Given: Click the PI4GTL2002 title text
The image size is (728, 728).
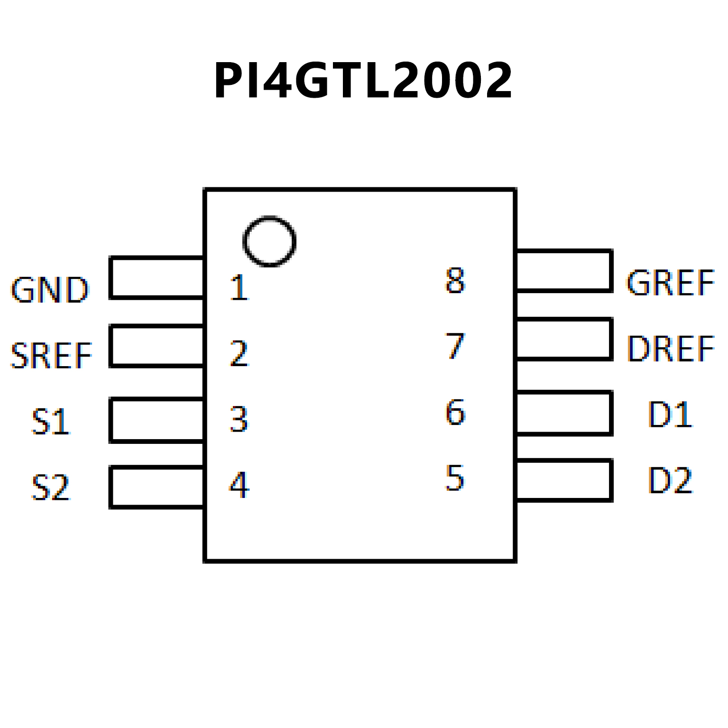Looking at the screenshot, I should coord(363,81).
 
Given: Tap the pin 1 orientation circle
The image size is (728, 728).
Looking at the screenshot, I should coord(269,241).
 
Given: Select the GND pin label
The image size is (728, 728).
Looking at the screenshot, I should coord(50,289).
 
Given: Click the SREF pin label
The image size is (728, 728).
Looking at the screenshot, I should coord(51,355).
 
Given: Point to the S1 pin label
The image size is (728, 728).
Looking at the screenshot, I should coord(51,421).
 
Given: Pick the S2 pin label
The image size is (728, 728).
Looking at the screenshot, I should coord(51,487).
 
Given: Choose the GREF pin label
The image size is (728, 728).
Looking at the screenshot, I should coord(670,283).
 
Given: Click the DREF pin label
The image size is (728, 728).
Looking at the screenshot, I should coord(670,349).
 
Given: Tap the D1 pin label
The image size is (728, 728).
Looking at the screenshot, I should coord(670,415).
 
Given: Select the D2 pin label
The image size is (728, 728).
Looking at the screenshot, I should coord(670,480).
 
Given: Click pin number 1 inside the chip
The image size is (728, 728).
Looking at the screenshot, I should coord(239,287).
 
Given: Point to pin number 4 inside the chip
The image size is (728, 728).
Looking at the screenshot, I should coord(239,485).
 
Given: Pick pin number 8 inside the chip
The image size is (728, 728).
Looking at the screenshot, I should coord(455,280).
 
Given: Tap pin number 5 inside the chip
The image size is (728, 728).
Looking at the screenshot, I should coord(454,478).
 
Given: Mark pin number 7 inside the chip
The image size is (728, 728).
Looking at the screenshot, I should coord(455,346).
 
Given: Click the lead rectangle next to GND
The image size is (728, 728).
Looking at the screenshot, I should coord(157,278).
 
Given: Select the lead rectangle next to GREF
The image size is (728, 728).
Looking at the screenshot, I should coord(564,270).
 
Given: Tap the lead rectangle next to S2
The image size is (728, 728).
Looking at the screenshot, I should coord(157,487).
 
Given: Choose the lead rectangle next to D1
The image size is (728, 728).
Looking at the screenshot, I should coord(564,413).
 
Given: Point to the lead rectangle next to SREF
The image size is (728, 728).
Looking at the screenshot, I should coord(157,346).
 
